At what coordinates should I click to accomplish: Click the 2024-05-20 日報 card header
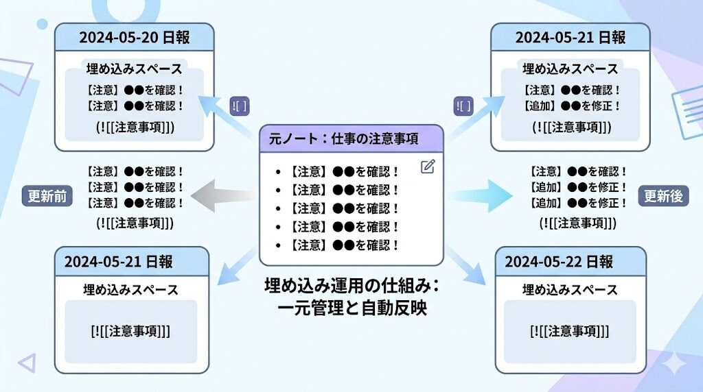(135, 37)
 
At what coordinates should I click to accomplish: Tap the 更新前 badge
(47, 196)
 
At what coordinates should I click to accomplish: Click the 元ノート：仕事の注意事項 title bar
(351, 139)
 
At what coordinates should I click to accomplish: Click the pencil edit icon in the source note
(428, 167)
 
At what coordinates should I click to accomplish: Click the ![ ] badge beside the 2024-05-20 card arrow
(240, 106)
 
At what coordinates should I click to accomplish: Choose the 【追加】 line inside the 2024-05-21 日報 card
(571, 106)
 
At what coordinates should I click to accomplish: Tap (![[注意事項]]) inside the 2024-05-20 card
(135, 127)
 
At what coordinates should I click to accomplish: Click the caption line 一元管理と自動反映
(351, 308)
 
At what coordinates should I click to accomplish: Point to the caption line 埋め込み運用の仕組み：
(351, 285)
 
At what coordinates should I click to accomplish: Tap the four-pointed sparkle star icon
(676, 361)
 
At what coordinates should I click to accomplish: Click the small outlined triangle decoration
(27, 363)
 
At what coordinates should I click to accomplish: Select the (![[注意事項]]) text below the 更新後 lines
(577, 223)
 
